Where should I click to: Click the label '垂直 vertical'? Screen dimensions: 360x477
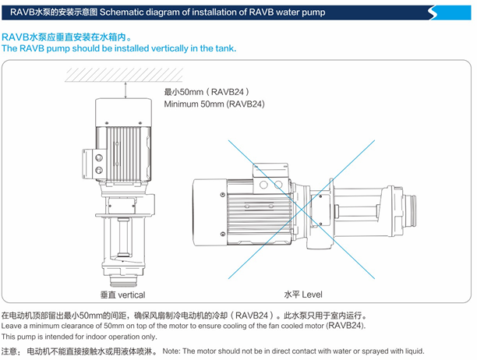[x=122, y=295]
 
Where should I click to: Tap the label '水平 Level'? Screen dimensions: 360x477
[x=303, y=295]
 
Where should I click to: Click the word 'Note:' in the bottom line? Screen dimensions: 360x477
[x=175, y=352]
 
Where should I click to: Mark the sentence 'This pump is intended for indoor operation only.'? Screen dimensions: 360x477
[x=79, y=336]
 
